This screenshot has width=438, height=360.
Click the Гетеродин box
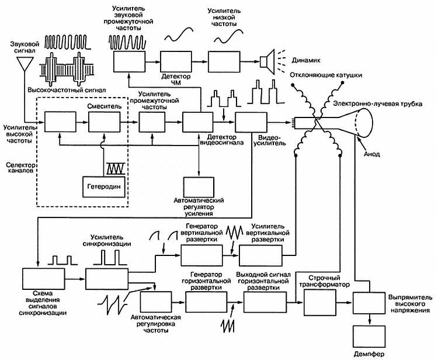pyautogui.click(x=103, y=186)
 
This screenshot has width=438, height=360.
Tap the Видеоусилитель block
pyautogui.click(x=252, y=123)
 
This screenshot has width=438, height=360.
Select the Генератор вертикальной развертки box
pyautogui.click(x=201, y=255)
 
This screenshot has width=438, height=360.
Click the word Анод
pyautogui.click(x=371, y=154)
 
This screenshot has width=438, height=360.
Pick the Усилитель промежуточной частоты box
pyautogui.click(x=155, y=123)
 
